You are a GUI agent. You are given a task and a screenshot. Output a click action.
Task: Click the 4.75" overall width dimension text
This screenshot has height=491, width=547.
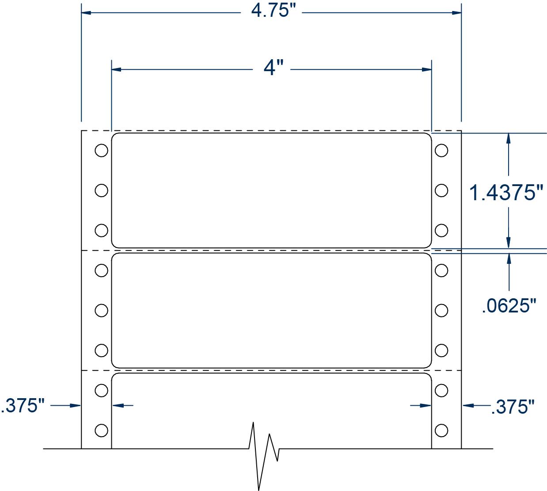pos(273,11)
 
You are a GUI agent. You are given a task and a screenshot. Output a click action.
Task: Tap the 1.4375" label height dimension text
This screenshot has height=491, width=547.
pos(505,193)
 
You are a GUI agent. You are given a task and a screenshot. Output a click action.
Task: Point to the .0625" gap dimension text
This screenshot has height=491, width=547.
pos(509,305)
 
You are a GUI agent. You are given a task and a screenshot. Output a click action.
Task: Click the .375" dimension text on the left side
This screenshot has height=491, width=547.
pos(23,406)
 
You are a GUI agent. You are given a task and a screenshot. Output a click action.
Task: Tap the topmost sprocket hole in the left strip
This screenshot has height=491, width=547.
pos(101,150)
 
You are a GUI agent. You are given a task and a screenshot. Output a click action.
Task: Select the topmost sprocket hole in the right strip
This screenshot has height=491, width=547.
pos(441,150)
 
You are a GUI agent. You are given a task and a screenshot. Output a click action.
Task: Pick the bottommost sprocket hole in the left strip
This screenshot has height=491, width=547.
pos(101,430)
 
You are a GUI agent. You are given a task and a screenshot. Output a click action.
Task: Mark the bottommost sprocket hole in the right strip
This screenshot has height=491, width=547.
pos(441,430)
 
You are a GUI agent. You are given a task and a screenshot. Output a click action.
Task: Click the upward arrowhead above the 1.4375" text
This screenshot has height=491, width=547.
pos(509,138)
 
